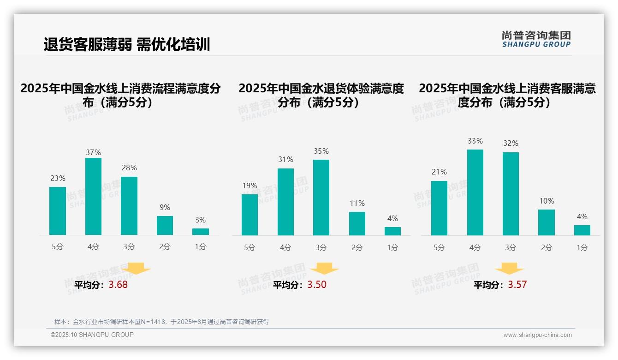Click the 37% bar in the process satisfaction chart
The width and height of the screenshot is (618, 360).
pyautogui.click(x=93, y=196)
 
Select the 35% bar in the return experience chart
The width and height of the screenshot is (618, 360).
pyautogui.click(x=321, y=198)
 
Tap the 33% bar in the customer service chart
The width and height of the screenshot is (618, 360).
pyautogui.click(x=475, y=192)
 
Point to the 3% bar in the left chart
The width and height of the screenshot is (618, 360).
pyautogui.click(x=201, y=232)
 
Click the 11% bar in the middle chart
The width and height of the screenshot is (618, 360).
pyautogui.click(x=357, y=223)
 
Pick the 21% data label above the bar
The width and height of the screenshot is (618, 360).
pyautogui.click(x=439, y=172)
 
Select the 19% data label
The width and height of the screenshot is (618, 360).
pyautogui.click(x=250, y=186)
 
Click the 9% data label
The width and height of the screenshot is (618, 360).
pyautogui.click(x=165, y=207)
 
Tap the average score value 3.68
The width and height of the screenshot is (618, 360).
pyautogui.click(x=118, y=285)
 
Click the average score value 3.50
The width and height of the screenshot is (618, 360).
pyautogui.click(x=317, y=285)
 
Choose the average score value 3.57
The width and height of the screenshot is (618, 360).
pyautogui.click(x=517, y=285)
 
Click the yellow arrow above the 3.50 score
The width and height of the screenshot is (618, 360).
pyautogui.click(x=324, y=269)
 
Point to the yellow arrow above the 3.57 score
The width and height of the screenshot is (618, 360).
pyautogui.click(x=509, y=269)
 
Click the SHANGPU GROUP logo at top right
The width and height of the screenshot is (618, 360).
pyautogui.click(x=536, y=39)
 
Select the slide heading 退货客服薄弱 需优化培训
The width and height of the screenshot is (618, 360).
pyautogui.click(x=127, y=45)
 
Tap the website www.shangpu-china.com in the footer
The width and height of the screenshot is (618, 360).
pyautogui.click(x=537, y=335)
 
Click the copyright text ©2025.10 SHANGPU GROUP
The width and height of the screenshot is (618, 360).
pyautogui.click(x=92, y=335)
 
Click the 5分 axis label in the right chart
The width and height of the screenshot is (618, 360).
pyautogui.click(x=439, y=247)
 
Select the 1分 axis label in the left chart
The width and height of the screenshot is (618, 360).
pyautogui.click(x=201, y=246)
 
